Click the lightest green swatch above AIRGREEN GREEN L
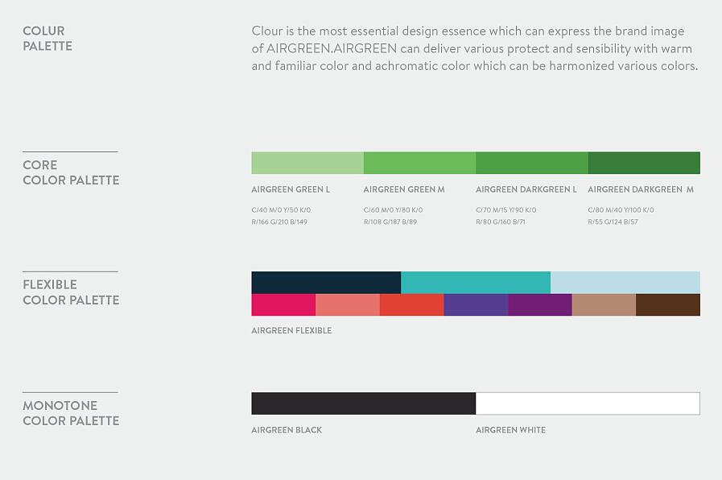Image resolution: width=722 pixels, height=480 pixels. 307,163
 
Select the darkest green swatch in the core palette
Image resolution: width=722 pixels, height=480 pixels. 644,163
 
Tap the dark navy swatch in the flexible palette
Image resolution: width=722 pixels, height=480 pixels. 326,283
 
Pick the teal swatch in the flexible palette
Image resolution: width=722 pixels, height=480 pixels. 476,283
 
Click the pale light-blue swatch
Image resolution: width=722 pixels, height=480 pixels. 625,283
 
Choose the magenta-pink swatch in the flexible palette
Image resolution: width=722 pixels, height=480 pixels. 283,305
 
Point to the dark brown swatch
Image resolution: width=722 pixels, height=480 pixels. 668,305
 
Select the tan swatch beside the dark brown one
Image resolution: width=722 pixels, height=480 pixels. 604,305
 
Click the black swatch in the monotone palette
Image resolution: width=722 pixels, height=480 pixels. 363,403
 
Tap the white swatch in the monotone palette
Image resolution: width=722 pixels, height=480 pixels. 588,403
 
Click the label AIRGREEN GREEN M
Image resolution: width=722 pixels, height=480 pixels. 404,189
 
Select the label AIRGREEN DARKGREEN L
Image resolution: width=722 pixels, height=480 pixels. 526,189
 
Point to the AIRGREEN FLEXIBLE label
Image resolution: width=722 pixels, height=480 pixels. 291,330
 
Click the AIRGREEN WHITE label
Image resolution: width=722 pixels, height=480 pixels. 510,430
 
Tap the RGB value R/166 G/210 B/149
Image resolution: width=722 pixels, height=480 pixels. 279,221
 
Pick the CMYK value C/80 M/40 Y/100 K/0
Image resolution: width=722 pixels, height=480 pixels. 621,209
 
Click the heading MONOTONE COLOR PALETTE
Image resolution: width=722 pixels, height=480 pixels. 71,413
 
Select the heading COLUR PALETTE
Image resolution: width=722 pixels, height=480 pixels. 47,38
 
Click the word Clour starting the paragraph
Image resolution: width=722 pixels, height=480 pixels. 267,31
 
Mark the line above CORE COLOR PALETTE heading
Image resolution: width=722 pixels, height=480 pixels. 71,151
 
